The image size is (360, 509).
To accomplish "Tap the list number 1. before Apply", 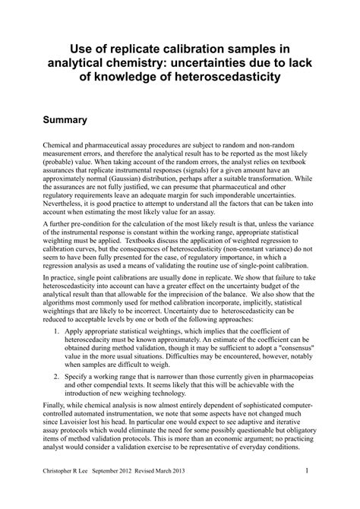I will (47, 353).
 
